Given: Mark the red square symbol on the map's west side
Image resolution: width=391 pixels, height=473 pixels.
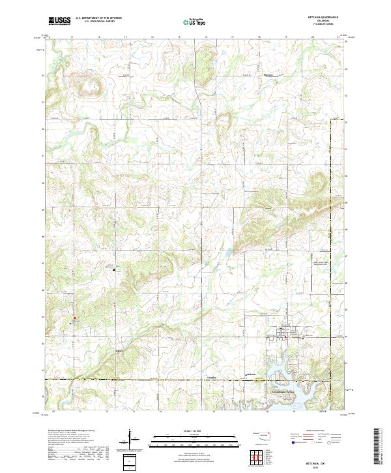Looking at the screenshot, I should coord(74,321).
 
